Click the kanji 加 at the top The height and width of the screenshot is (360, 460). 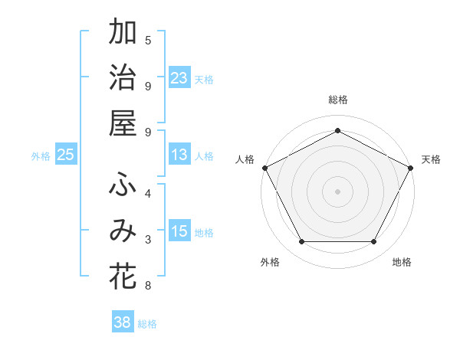123,34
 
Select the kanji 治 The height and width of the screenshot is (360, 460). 123,79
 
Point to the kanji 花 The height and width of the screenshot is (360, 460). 123,276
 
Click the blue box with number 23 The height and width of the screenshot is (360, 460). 179,77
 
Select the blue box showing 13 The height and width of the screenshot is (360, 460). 179,155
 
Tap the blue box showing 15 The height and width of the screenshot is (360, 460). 179,231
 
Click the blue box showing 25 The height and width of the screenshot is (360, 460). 66,155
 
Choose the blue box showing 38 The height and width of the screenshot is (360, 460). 123,322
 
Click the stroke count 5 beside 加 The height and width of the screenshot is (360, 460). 148,40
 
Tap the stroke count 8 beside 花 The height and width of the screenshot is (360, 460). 148,286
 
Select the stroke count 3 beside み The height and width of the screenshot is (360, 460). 148,241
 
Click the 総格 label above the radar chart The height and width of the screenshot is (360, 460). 338,100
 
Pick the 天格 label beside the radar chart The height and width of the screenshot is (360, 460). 431,159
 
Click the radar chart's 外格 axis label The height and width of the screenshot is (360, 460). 270,263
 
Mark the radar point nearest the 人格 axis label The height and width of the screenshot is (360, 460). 264,167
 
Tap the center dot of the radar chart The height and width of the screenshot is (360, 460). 338,191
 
